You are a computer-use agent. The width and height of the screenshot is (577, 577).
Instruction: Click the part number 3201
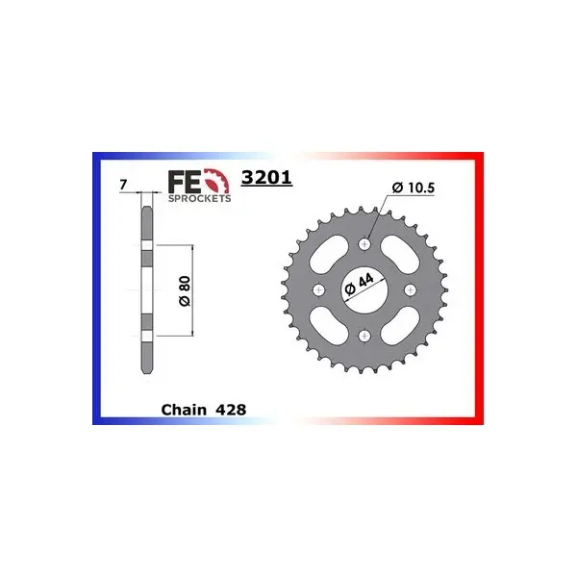[266, 178]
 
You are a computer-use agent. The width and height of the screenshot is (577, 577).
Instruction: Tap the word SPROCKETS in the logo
[199, 198]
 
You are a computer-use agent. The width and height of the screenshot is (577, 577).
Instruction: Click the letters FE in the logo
[185, 182]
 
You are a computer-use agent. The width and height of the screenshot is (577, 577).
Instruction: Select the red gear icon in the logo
[217, 181]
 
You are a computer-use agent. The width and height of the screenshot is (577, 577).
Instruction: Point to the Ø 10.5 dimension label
[414, 188]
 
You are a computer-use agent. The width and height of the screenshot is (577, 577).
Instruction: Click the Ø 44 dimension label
[359, 285]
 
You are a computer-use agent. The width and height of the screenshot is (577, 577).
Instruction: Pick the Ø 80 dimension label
[185, 290]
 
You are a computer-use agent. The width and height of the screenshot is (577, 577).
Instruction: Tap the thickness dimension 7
[123, 185]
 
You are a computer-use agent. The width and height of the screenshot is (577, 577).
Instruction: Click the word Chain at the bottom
[184, 410]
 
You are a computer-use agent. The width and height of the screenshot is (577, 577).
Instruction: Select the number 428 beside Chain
[231, 410]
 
